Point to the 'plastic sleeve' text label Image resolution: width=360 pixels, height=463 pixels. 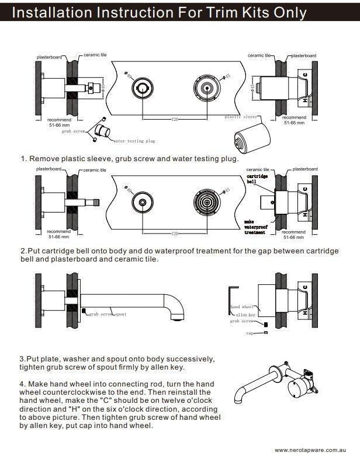point(241,117)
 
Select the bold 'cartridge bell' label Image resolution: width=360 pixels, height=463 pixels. point(257,179)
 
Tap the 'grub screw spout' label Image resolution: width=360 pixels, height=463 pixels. point(108,314)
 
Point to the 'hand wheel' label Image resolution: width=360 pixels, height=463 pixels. point(242,307)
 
